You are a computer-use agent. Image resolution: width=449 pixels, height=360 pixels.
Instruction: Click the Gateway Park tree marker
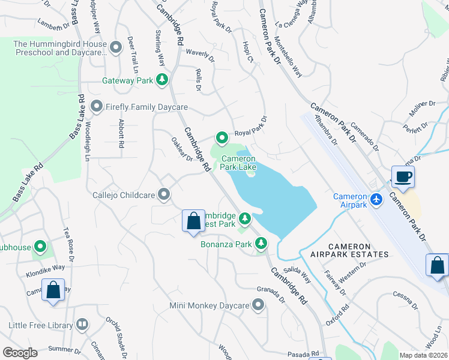click(161, 79)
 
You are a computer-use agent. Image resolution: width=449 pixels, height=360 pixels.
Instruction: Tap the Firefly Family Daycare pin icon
click(96, 107)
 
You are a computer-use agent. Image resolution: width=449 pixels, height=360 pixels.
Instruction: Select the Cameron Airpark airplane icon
click(376, 199)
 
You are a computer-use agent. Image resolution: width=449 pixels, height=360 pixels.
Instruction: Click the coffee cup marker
click(403, 177)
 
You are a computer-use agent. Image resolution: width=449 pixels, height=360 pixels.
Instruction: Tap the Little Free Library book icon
click(82, 325)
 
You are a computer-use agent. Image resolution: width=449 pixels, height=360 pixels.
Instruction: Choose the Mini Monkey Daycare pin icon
click(258, 306)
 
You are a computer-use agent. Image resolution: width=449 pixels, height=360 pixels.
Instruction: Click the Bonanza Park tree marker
click(261, 244)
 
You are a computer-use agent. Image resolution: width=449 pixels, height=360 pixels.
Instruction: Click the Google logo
click(20, 352)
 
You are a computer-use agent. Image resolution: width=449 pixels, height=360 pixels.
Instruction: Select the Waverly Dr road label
click(200, 54)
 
